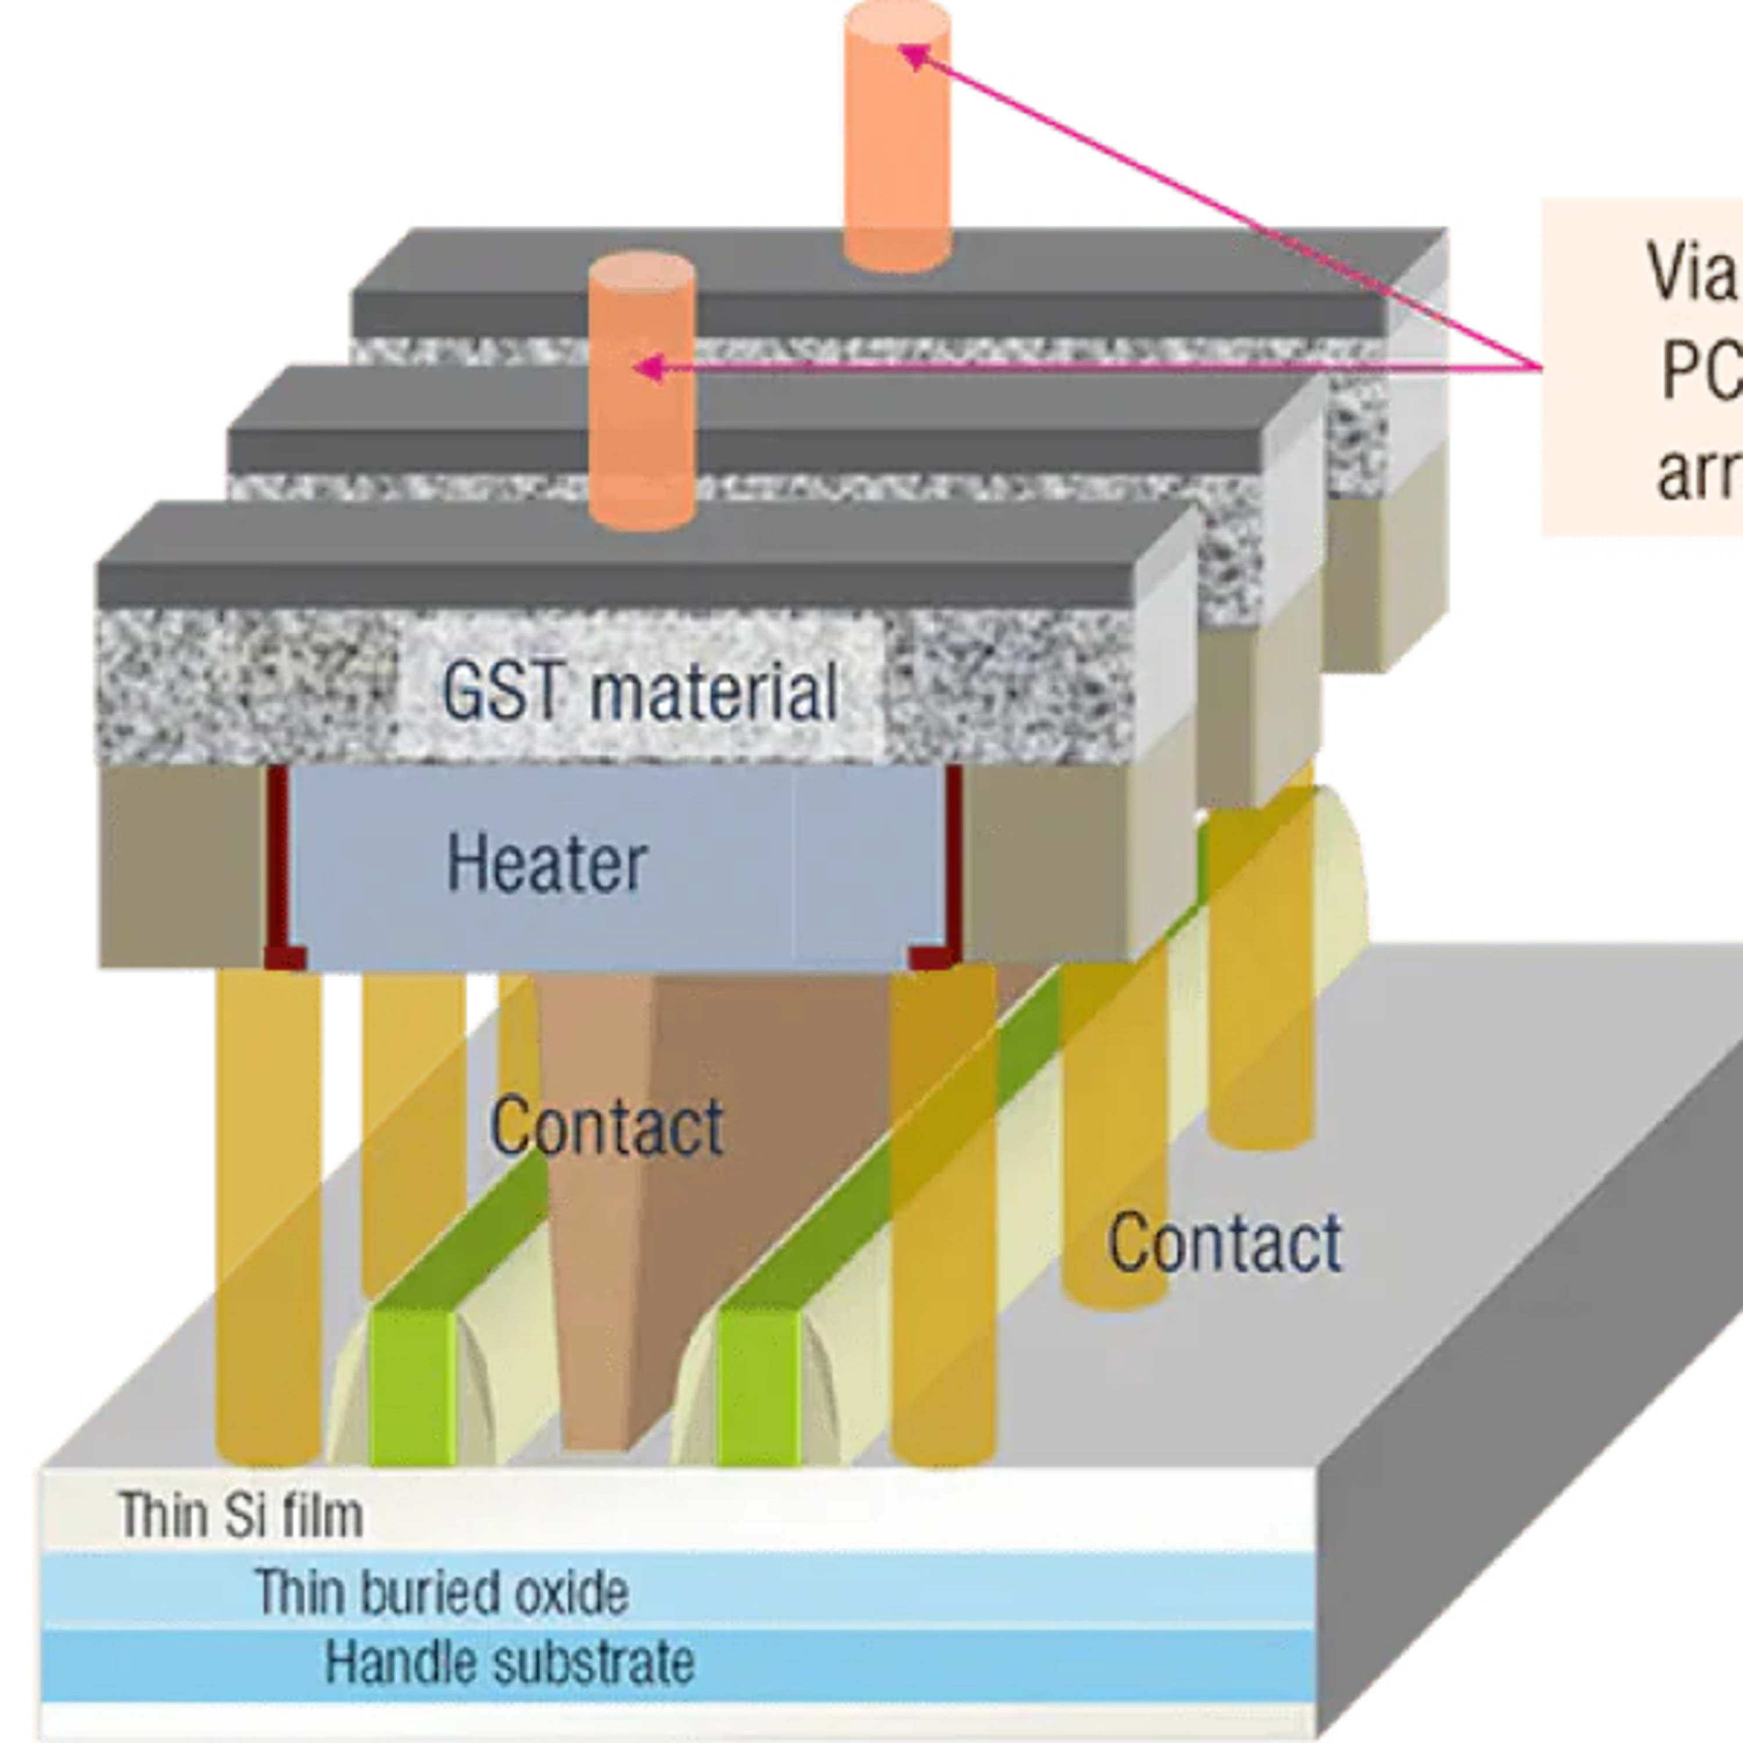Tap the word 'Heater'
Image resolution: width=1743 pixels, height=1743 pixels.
(547, 863)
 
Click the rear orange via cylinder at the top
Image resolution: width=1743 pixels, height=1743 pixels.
(896, 135)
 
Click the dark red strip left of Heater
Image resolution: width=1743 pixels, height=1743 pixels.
(278, 857)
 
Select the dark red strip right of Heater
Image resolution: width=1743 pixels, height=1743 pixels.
(953, 857)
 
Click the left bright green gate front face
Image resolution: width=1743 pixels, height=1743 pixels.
(411, 1386)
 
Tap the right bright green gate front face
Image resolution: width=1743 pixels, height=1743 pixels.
(758, 1386)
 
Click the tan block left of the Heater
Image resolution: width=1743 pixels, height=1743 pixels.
(181, 866)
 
